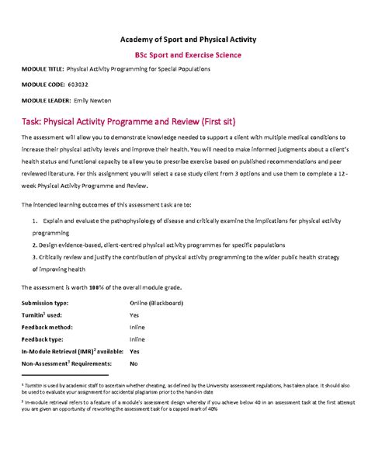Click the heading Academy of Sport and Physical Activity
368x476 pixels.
[188, 39]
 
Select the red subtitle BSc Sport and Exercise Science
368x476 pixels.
[188, 55]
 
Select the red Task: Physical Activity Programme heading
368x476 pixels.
[124, 121]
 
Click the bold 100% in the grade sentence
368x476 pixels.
[96, 287]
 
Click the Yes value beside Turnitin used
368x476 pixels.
[134, 314]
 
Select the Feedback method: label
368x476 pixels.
[46, 327]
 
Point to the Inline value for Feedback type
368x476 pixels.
[137, 339]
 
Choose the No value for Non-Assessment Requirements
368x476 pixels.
[134, 363]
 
